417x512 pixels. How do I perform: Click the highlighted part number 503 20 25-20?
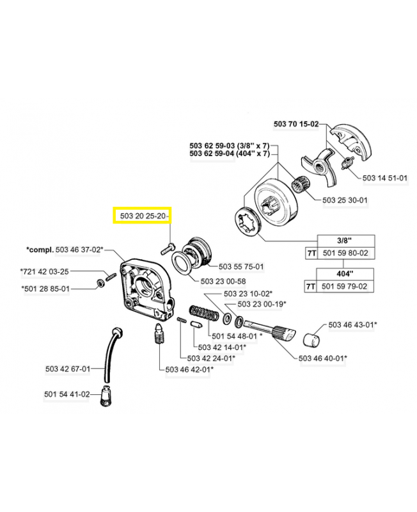[142, 217]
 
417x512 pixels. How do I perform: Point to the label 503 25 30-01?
[345, 200]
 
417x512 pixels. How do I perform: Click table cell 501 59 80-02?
[346, 253]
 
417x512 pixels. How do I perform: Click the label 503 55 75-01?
[241, 266]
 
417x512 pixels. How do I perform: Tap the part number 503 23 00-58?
[223, 281]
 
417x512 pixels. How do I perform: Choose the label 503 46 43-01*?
[352, 325]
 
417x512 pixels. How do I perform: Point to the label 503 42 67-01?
[68, 369]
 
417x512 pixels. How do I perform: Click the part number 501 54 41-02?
[67, 394]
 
